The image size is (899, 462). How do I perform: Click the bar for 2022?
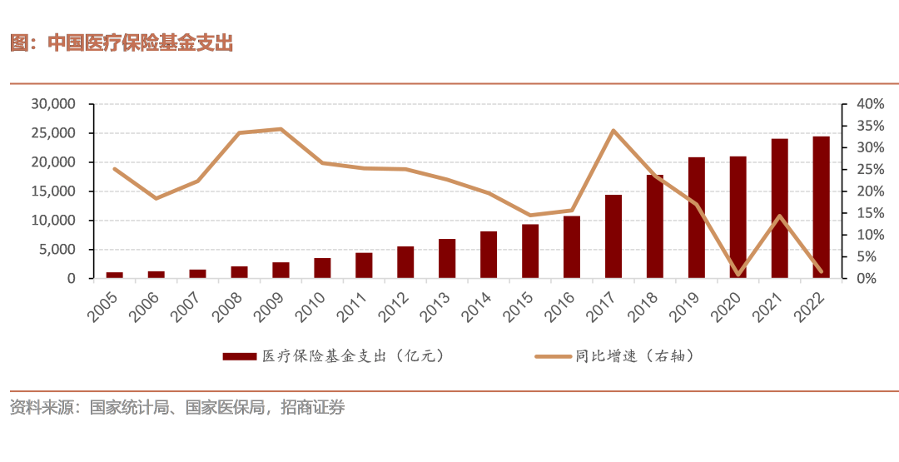[821, 207]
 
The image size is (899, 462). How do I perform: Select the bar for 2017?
[613, 236]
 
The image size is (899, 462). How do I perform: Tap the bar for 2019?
[697, 217]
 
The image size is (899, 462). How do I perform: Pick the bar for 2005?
[115, 275]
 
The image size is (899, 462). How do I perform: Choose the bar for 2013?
[447, 258]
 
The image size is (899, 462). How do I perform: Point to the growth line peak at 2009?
[281, 129]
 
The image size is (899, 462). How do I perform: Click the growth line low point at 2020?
[738, 275]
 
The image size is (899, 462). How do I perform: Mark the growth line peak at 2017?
[613, 131]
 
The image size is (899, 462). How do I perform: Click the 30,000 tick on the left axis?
[53, 104]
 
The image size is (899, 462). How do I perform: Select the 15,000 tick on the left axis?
[53, 191]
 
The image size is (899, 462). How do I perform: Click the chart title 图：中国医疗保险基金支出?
[122, 43]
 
